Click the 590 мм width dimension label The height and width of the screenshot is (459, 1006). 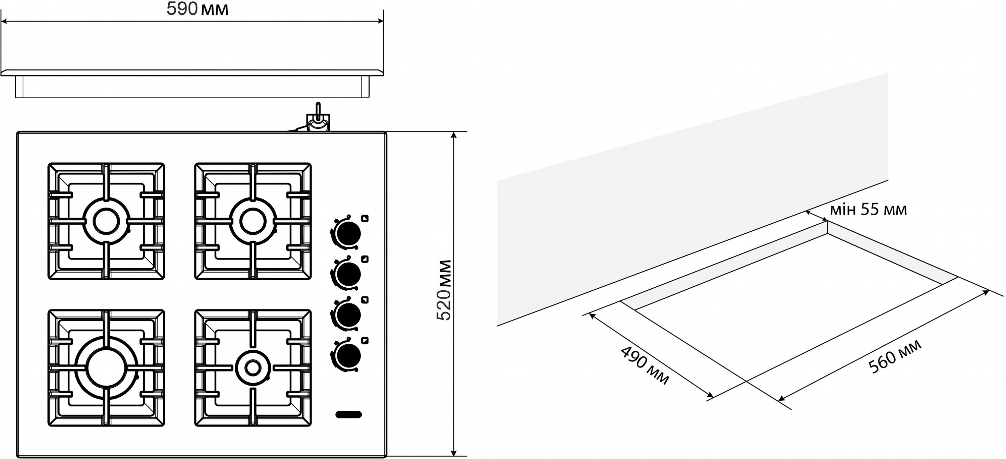197,9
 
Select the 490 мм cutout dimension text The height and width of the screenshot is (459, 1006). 645,365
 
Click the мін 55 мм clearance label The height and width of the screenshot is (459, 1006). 868,210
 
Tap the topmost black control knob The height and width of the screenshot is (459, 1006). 348,233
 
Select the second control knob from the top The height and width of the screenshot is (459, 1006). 348,274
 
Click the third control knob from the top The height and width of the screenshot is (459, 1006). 348,314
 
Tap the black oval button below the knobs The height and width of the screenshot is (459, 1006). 348,414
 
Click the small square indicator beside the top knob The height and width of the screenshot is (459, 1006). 365,219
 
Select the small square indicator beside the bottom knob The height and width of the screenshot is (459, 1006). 365,340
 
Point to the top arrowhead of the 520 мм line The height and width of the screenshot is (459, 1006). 453,135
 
